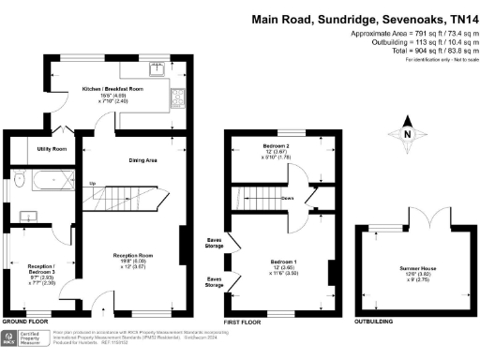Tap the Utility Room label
pyautogui.click(x=52, y=149)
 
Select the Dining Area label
pyautogui.click(x=142, y=160)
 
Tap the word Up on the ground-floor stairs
pyautogui.click(x=91, y=184)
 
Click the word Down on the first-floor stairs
pyautogui.click(x=289, y=198)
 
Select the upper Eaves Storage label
pyautogui.click(x=215, y=244)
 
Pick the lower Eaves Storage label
pyautogui.click(x=215, y=279)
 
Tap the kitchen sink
pyautogui.click(x=157, y=69)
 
